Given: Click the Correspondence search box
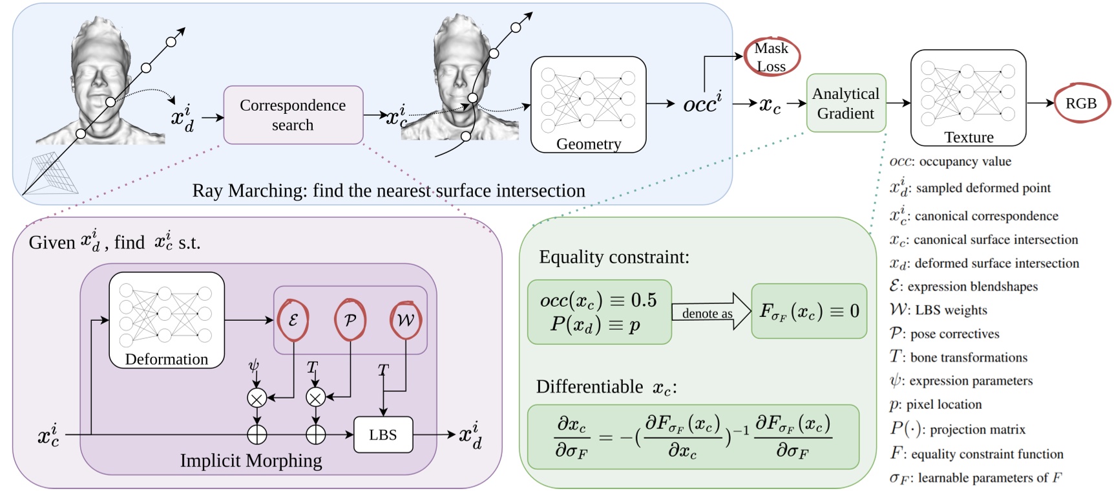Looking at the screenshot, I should (x=293, y=115).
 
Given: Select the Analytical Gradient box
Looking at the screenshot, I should (x=845, y=104).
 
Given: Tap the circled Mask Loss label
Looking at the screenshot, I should (x=772, y=57).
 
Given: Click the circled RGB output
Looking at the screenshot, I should (x=1081, y=104).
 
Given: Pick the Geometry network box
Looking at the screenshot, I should (x=588, y=104).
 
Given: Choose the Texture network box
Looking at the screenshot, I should (x=968, y=98).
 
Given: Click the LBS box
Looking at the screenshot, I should (x=383, y=435).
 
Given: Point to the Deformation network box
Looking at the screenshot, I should (x=167, y=320).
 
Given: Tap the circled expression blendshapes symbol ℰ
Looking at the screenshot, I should (x=293, y=320).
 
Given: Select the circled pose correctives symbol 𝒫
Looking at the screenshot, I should (x=350, y=320).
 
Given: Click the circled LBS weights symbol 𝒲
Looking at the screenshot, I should (x=406, y=320).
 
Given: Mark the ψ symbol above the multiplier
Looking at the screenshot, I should (x=253, y=366).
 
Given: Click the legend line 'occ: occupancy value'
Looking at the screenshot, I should (x=950, y=162).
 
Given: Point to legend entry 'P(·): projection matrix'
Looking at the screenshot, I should (x=957, y=429).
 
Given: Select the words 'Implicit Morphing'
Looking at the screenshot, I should (x=251, y=461).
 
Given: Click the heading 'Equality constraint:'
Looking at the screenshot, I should (x=614, y=257).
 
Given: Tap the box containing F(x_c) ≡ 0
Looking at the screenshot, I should (x=809, y=311).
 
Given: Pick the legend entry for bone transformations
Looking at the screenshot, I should (x=958, y=357).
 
